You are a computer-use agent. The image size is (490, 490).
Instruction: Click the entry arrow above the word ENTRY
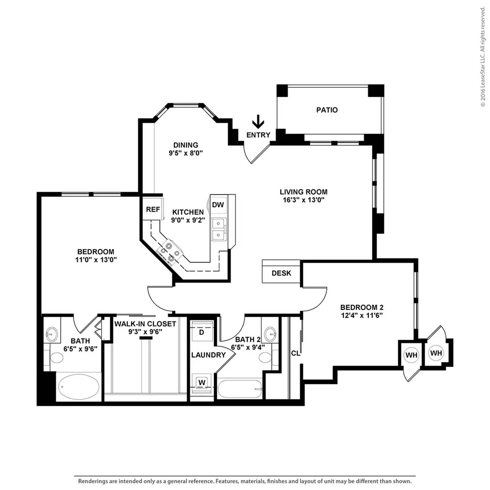[x=258, y=121]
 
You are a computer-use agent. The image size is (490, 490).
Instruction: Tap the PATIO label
[x=327, y=110]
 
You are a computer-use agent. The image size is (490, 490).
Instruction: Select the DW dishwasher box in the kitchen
[x=217, y=205]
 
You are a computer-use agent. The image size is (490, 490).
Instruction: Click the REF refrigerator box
[x=153, y=209]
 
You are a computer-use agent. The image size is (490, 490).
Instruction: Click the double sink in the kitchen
[x=219, y=230]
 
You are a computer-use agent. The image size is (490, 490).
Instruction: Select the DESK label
[x=281, y=273]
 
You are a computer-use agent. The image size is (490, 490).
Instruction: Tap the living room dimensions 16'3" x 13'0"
[x=303, y=200]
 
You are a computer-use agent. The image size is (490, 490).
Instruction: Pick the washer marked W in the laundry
[x=202, y=382]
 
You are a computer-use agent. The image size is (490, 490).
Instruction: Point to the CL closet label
[x=296, y=353]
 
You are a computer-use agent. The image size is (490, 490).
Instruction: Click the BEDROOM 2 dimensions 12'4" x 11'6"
[x=362, y=315]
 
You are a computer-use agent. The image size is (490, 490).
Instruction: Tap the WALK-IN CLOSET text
[x=145, y=324]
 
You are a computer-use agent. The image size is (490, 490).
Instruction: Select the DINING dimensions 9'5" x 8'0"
[x=186, y=153]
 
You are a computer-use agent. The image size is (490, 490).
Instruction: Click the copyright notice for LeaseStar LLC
[x=482, y=57]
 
